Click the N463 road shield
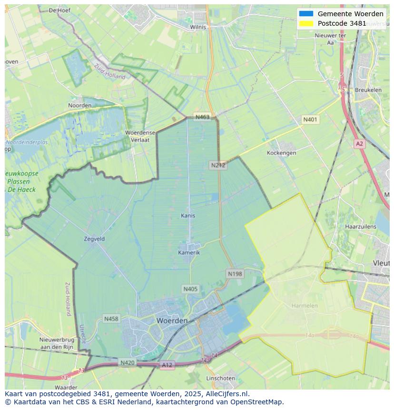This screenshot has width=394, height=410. click(x=202, y=117)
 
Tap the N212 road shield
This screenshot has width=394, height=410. click(x=218, y=165)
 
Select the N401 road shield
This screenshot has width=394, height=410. click(x=310, y=120)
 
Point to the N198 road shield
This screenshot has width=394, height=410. click(x=235, y=273)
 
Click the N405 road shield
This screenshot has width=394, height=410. click(x=190, y=289)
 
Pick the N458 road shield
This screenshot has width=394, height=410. click(x=111, y=319)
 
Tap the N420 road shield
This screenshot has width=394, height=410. click(x=128, y=362)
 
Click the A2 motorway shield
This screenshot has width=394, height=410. click(x=359, y=143)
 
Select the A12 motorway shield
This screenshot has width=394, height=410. click(x=167, y=365)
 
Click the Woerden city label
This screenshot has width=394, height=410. click(x=172, y=321)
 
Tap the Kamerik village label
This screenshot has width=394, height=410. click(x=189, y=252)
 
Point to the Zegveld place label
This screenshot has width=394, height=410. click(x=94, y=239)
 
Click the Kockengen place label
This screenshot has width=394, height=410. click(x=281, y=153)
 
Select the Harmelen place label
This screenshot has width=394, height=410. click(x=305, y=306)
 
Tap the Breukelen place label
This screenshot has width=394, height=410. click(x=368, y=90)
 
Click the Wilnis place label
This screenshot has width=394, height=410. click(x=198, y=27)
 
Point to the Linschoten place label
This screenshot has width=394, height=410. click(x=220, y=378)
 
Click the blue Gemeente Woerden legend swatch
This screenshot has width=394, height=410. click(x=306, y=14)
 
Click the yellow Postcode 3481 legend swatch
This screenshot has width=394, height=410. click(x=306, y=23)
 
